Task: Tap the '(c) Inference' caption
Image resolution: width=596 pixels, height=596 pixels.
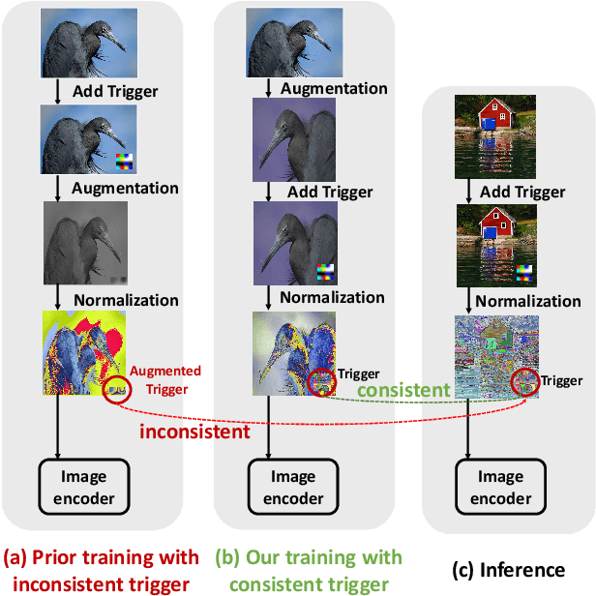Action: point(510,570)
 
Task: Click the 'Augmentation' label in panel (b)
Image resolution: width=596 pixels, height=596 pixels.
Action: point(334,89)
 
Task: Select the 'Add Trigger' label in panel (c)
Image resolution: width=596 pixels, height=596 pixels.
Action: point(522,192)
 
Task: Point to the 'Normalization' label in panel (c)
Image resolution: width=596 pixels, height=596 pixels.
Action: point(527,301)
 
